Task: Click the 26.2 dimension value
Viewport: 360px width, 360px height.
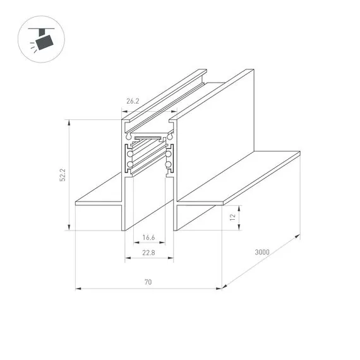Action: pos(133,100)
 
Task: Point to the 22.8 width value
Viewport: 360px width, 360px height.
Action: pos(149,253)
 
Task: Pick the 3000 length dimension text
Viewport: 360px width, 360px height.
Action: pos(262,252)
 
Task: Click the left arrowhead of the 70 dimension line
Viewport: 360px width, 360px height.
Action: pos(78,289)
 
